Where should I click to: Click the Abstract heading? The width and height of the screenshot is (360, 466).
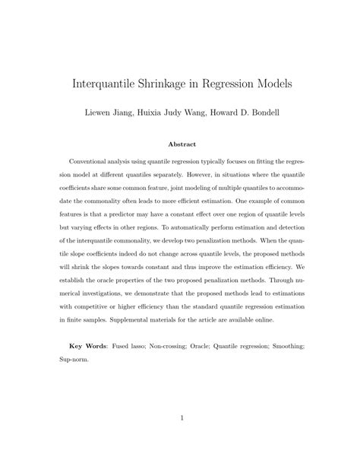coord(180,144)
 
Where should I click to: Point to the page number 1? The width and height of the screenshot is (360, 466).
coord(180,417)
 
